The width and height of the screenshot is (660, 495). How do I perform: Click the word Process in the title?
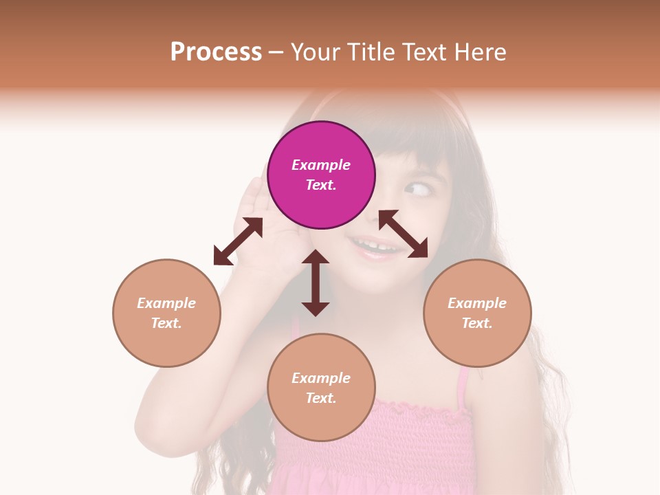216,52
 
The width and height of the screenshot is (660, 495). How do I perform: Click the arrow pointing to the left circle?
238,241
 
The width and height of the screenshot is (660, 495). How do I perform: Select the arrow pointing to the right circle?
404,234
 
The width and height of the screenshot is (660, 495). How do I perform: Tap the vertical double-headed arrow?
316,283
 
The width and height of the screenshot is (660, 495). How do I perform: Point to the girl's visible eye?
414,188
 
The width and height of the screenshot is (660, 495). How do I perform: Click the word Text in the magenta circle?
321,185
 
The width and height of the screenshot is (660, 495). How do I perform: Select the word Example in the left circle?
166,303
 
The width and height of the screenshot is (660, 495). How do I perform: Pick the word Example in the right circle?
477,303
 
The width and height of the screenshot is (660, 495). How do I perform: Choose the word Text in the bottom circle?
321,398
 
